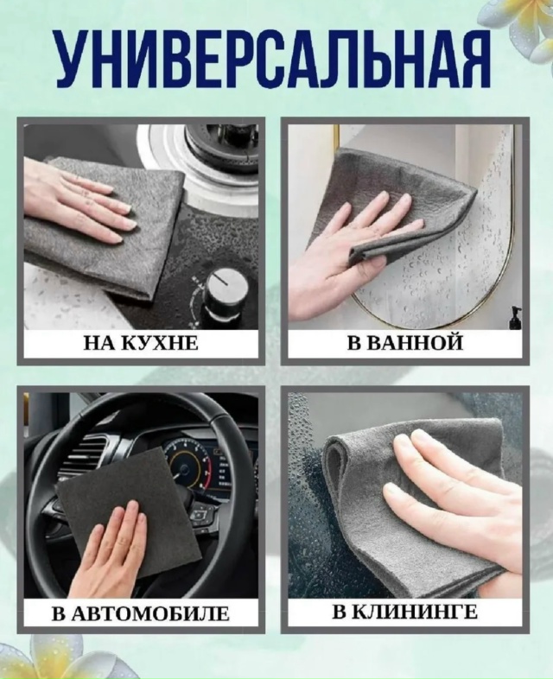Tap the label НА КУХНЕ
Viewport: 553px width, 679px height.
[141, 343]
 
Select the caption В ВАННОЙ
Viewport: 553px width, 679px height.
[405, 343]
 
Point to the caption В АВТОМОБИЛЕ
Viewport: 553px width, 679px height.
[141, 614]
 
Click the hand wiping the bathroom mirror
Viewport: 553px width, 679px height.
[346, 259]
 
